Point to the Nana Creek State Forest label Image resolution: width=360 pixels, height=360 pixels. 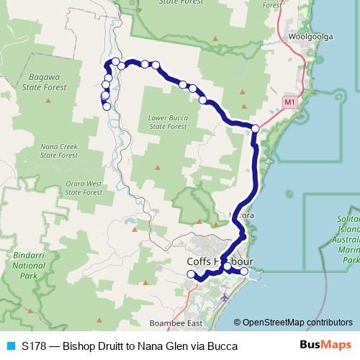[59, 150]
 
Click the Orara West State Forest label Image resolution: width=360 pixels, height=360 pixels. [84, 187]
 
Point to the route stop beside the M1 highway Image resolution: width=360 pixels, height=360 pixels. [255, 128]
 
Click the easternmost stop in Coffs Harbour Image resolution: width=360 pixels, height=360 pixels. [244, 271]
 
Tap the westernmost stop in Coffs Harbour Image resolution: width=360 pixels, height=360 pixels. [191, 274]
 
